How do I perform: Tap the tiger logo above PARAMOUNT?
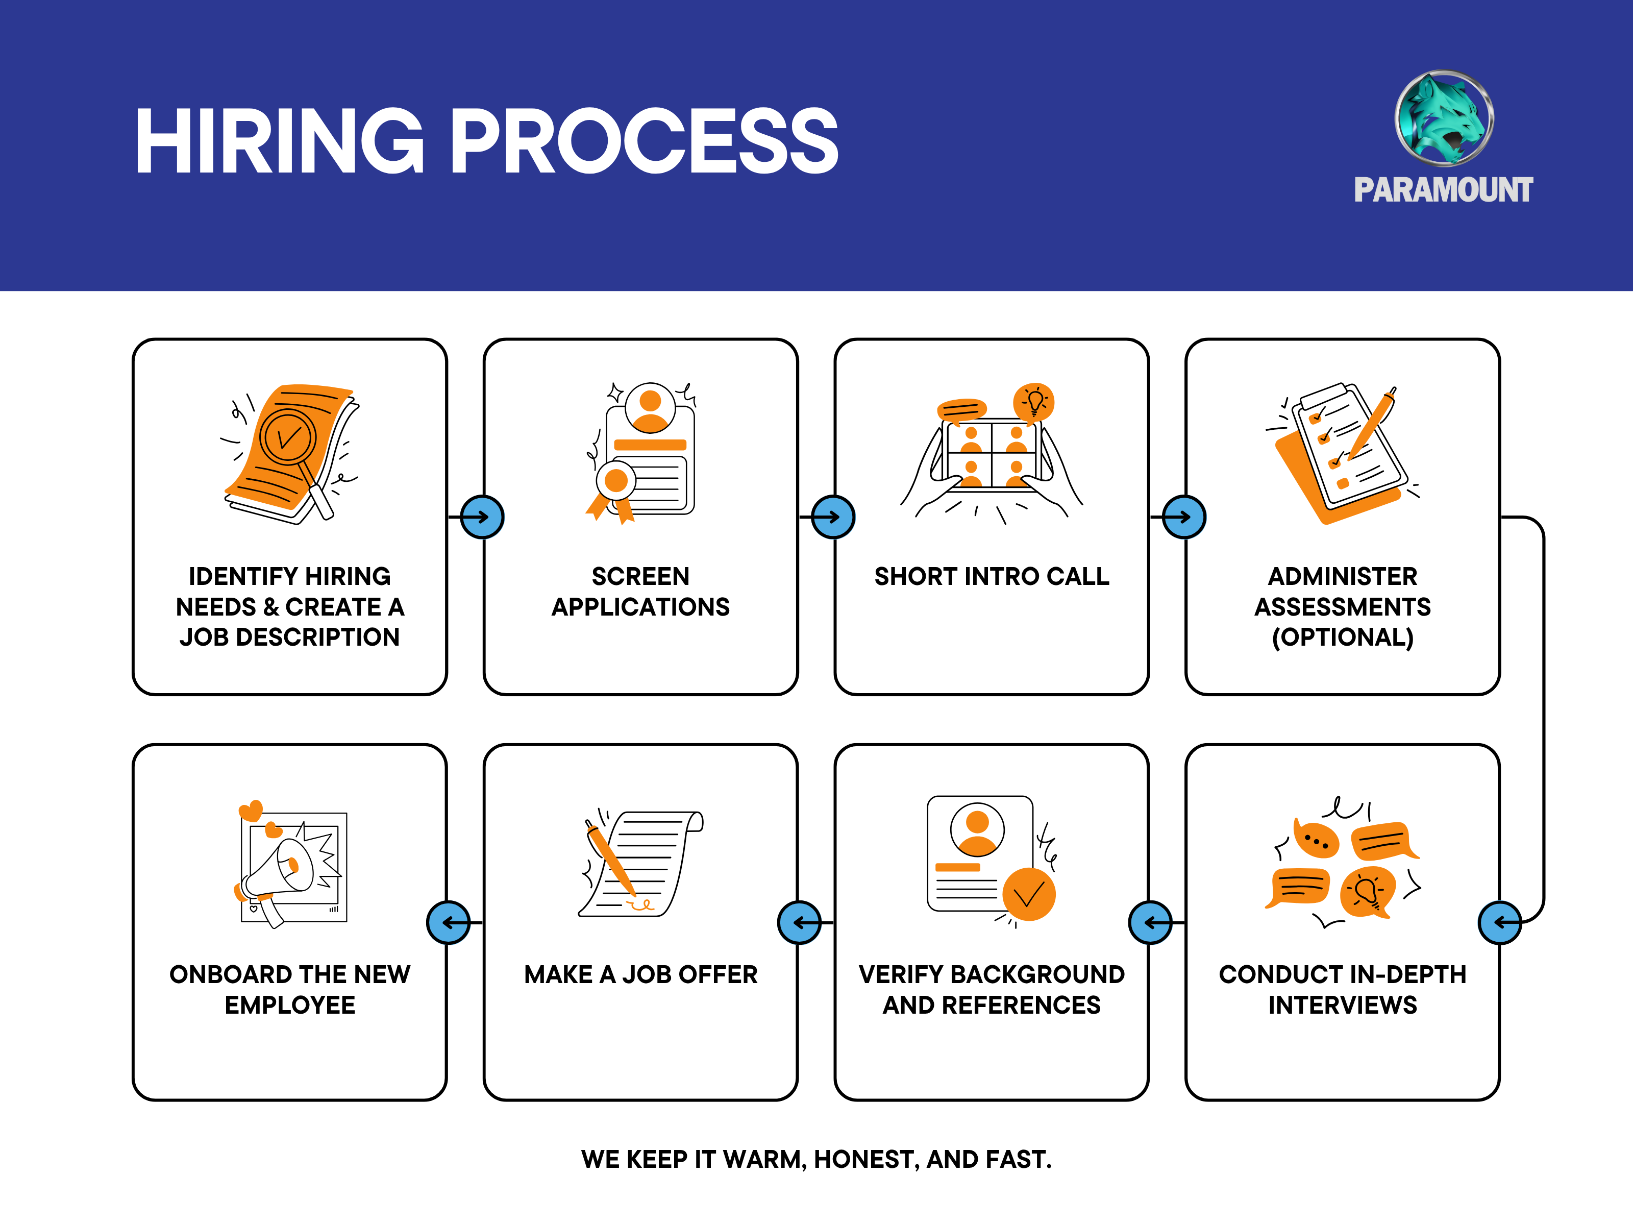click(x=1444, y=118)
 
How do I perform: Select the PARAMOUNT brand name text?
click(x=1443, y=190)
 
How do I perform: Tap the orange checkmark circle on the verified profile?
click(x=1028, y=894)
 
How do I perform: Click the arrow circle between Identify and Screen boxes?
click(x=482, y=517)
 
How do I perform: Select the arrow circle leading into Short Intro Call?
click(x=833, y=517)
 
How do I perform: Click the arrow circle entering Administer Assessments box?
click(x=1184, y=517)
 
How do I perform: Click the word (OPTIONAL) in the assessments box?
click(x=1343, y=637)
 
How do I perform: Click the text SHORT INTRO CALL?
click(x=992, y=576)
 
